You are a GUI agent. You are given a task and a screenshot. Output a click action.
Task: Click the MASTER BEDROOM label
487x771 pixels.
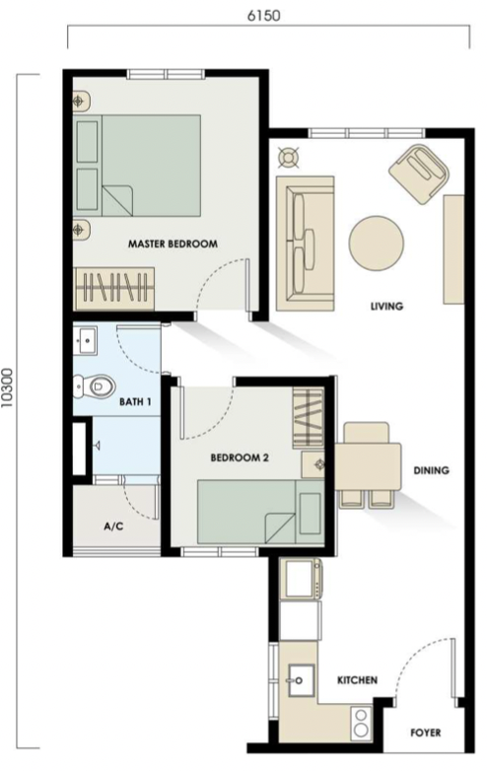pyautogui.click(x=173, y=244)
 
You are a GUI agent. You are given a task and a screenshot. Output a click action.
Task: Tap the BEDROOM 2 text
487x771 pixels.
pyautogui.click(x=240, y=457)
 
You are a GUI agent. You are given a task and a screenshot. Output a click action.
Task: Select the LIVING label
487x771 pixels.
pyautogui.click(x=386, y=307)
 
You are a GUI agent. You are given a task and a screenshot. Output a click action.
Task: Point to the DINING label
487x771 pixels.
pyautogui.click(x=431, y=471)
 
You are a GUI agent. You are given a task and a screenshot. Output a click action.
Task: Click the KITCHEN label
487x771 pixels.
pyautogui.click(x=356, y=681)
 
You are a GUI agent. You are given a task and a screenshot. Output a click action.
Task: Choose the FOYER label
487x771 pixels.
pyautogui.click(x=426, y=734)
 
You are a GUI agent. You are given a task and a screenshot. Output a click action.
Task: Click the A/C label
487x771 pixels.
pyautogui.click(x=112, y=526)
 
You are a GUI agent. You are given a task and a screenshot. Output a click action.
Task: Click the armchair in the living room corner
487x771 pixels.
pyautogui.click(x=421, y=175)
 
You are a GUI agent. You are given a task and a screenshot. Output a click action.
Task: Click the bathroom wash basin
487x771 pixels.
pyautogui.click(x=86, y=341)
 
